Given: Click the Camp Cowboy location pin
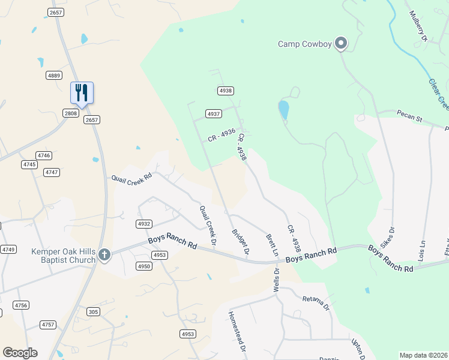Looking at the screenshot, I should (341, 43).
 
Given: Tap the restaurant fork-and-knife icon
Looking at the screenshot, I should (82, 93).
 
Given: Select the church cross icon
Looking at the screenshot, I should (104, 255).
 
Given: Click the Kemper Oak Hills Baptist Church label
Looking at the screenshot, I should (64, 256).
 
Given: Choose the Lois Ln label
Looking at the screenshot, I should (423, 248).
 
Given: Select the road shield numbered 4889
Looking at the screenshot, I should (54, 75).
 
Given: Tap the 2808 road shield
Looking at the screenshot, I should (71, 113).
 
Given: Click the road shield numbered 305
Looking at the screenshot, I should (93, 311).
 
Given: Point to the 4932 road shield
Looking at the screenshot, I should (143, 224).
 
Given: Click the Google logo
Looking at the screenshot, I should (20, 353).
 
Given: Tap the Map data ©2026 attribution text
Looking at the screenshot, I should (423, 355).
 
